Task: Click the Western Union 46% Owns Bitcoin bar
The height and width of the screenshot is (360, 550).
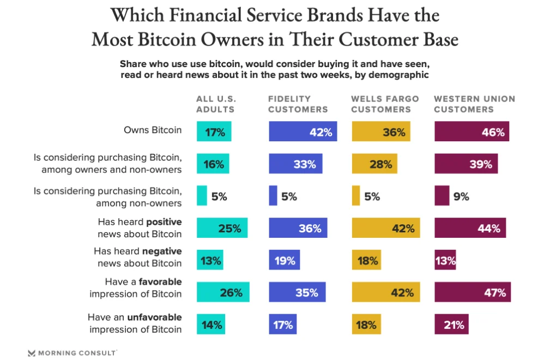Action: pos(472,131)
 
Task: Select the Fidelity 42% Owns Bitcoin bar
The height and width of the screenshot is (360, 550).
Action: pos(303,131)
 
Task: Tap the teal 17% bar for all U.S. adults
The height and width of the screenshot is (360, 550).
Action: pos(214,131)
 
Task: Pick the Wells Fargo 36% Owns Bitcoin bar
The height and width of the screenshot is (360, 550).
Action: pos(381,131)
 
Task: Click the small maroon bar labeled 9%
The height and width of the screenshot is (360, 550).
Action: pos(442,196)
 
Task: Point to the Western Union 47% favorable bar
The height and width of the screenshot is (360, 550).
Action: pos(473,292)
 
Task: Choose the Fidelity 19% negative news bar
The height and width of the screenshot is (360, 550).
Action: pos(284,260)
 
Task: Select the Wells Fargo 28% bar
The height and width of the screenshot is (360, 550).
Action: pos(374,164)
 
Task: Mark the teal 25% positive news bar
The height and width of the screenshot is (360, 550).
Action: pos(222,228)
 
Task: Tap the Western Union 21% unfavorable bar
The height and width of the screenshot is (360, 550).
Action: pos(451,325)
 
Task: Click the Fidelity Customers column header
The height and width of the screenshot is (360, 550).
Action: pos(298,104)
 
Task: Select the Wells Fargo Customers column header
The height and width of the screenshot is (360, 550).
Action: pos(385,104)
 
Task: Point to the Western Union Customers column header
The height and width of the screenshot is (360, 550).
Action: pos(474,104)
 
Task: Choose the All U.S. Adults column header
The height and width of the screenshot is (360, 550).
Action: pos(216,104)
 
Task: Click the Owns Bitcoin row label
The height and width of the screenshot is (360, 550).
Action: pos(153,130)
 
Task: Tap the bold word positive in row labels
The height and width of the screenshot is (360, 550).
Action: pos(164,222)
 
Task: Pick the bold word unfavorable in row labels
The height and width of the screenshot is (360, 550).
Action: pos(154,317)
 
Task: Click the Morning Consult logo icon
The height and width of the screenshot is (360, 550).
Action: pos(32,353)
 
